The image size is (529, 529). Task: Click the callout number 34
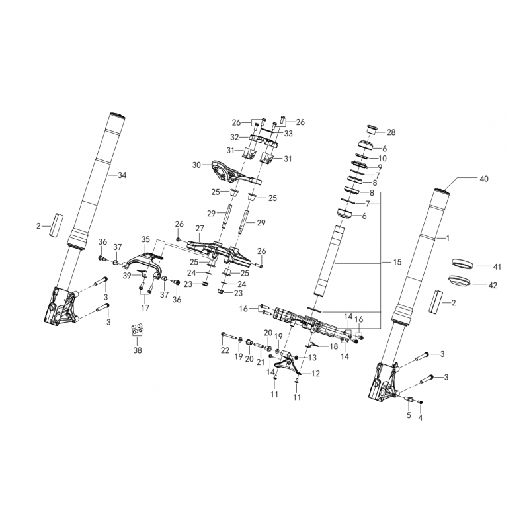pyautogui.click(x=122, y=175)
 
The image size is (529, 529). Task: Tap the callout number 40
pyautogui.click(x=484, y=179)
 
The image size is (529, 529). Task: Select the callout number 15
pyautogui.click(x=397, y=262)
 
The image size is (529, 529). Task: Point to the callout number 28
pyautogui.click(x=391, y=132)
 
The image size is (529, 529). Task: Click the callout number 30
pyautogui.click(x=196, y=165)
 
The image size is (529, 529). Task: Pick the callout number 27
pyautogui.click(x=200, y=228)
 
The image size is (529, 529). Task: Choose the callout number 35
pyautogui.click(x=145, y=239)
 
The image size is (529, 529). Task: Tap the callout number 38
pyautogui.click(x=138, y=350)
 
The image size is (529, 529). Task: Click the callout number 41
pyautogui.click(x=497, y=267)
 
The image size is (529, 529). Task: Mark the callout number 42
pyautogui.click(x=493, y=286)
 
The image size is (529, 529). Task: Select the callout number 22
pyautogui.click(x=225, y=350)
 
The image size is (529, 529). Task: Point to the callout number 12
pyautogui.click(x=315, y=374)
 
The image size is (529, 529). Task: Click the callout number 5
pyautogui.click(x=409, y=415)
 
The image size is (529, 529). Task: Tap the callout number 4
pyautogui.click(x=420, y=418)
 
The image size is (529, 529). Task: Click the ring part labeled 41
pyautogui.click(x=462, y=263)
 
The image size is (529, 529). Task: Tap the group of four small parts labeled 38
pyautogui.click(x=138, y=329)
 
